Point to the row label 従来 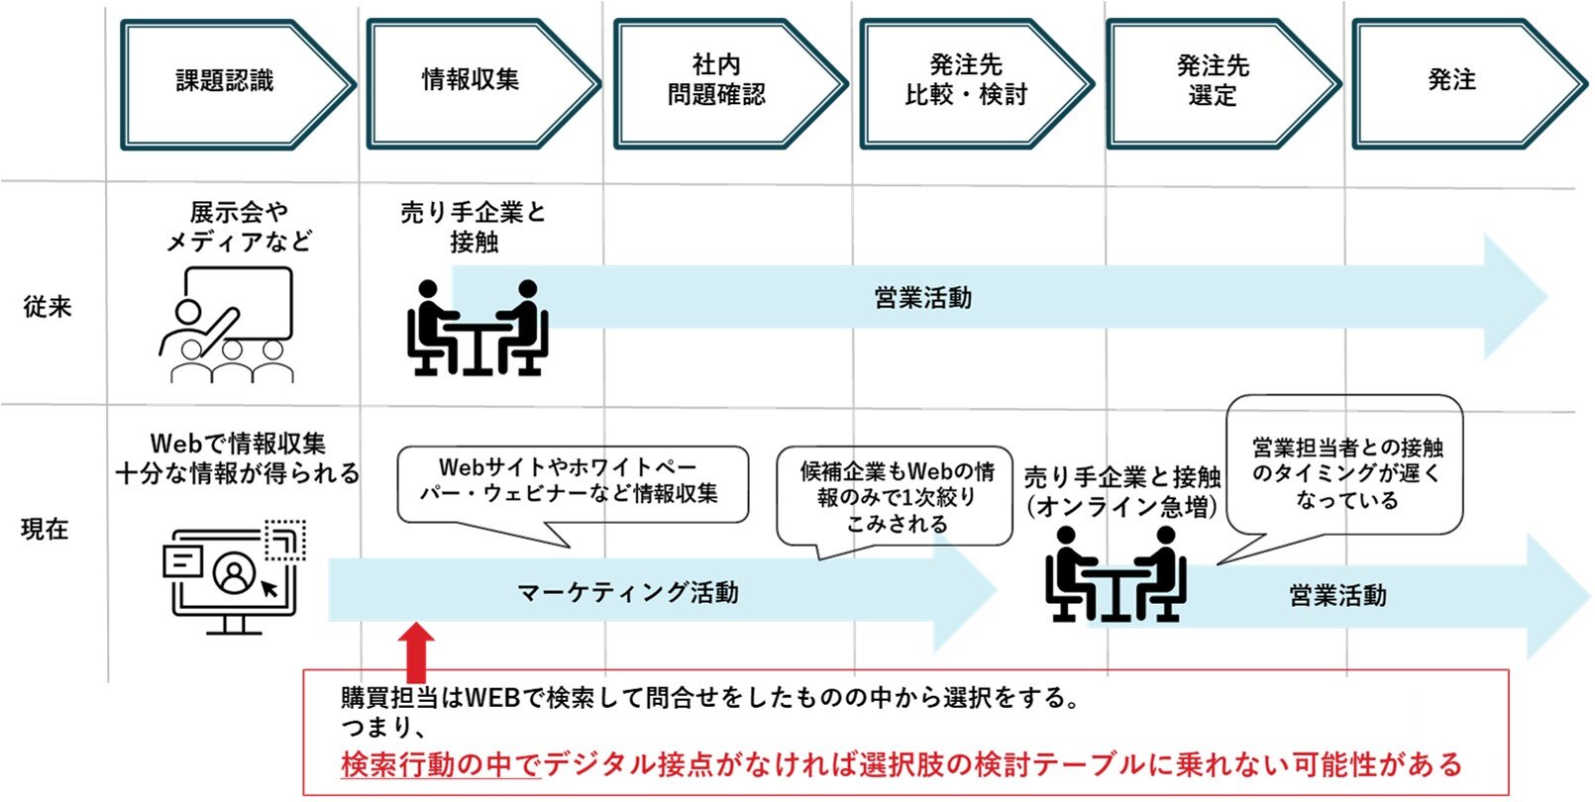coord(48,307)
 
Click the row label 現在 coord(46,530)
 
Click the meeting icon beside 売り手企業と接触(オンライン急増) coord(1116,575)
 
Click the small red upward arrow coord(416,649)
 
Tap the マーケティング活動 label coord(628,593)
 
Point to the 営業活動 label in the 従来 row coord(922,298)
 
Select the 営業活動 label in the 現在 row coord(1337,596)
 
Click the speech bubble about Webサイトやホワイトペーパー coord(572,483)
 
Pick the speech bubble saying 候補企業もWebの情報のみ coord(895,497)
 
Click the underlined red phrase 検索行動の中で coord(440,764)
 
